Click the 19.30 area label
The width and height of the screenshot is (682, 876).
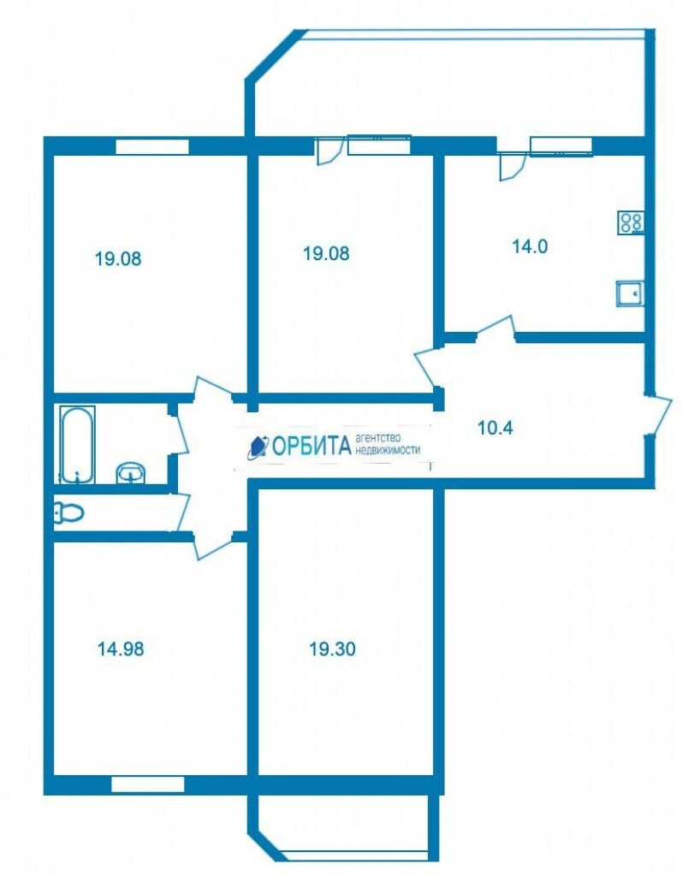(x=333, y=649)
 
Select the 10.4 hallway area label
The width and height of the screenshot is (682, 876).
(x=495, y=428)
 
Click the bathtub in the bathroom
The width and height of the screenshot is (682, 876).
(x=77, y=445)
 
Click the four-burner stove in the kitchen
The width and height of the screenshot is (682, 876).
(x=632, y=222)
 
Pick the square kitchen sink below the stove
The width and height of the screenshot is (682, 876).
(x=631, y=294)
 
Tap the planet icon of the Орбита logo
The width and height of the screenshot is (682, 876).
(x=258, y=447)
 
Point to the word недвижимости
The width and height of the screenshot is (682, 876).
(x=388, y=450)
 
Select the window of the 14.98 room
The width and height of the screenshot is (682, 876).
(x=147, y=784)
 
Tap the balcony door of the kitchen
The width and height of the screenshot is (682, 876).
(x=512, y=166)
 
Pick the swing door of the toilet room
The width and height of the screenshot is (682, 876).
(x=182, y=512)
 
